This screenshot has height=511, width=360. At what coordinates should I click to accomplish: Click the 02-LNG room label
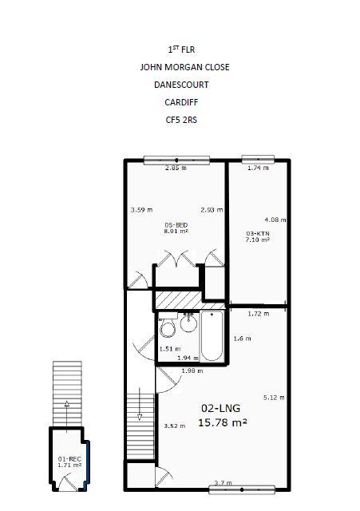tap(220, 408)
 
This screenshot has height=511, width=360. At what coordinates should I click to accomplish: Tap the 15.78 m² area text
tap(223, 422)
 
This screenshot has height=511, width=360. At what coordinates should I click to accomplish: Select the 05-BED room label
tap(176, 225)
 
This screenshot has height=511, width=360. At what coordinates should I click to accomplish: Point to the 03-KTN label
tap(257, 233)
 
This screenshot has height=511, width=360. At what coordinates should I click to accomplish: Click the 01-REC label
tap(69, 459)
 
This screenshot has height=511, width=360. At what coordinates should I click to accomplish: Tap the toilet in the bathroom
tap(168, 326)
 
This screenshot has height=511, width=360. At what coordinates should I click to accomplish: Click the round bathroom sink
tap(188, 323)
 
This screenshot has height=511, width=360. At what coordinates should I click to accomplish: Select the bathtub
tap(212, 336)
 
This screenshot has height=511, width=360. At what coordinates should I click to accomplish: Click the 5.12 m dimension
tap(274, 398)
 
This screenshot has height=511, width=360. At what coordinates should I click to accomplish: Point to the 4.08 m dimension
tap(275, 220)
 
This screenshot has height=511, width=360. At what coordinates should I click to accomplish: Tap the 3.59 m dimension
tap(141, 210)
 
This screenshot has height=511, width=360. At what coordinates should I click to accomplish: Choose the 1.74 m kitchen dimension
tap(258, 168)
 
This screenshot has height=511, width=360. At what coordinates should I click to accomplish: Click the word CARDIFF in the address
tap(181, 102)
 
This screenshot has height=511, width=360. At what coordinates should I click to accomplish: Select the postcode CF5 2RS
tap(181, 120)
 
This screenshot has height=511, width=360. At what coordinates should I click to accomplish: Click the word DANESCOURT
tap(181, 85)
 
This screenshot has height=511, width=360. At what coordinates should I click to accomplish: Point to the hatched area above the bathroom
tap(190, 300)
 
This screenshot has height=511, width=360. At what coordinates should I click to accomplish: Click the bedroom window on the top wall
tap(176, 160)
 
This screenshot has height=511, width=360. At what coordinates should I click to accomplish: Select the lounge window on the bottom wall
tap(242, 489)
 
